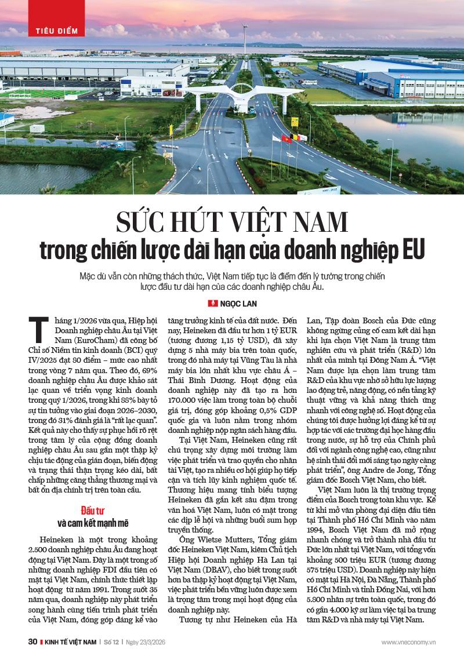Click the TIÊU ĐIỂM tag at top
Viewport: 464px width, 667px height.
click(x=57, y=31)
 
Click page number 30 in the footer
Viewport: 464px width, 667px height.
click(x=32, y=642)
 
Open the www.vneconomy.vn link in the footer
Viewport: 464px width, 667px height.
click(x=408, y=642)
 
